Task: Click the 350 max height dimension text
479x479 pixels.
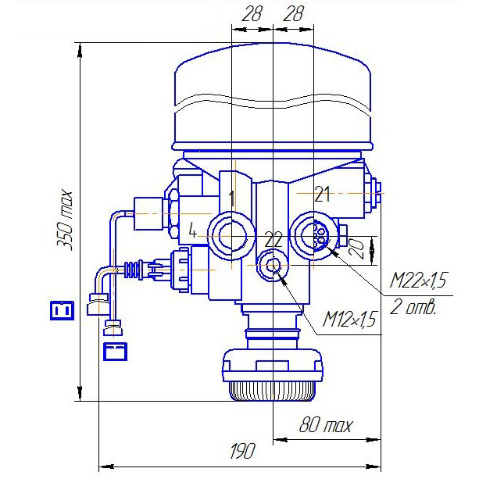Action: coord(66,220)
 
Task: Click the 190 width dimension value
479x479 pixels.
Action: coord(242,451)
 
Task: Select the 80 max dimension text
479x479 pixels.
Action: coord(326,424)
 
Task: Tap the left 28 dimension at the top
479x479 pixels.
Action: coord(252,13)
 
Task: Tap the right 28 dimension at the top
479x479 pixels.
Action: coord(293,13)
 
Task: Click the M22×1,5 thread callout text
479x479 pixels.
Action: coord(418,280)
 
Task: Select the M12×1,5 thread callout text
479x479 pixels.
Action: coord(349,320)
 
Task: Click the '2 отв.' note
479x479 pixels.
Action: coord(413,307)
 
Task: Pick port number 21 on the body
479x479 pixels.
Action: coord(322,195)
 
